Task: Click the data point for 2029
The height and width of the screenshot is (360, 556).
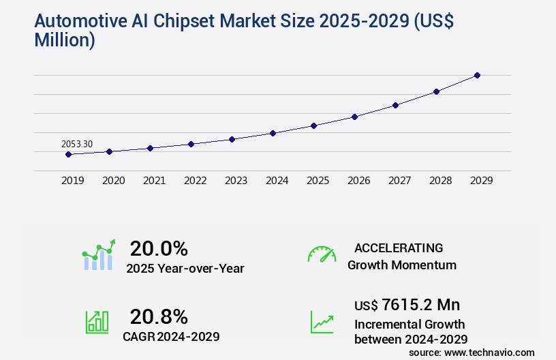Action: click(x=477, y=75)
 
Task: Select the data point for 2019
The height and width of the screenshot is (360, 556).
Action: click(x=68, y=154)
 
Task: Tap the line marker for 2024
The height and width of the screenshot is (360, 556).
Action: click(x=273, y=133)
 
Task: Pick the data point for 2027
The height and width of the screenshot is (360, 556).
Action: click(x=395, y=105)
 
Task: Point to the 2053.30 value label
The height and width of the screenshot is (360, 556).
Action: click(x=77, y=144)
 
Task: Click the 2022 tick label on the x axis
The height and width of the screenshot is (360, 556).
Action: click(x=195, y=181)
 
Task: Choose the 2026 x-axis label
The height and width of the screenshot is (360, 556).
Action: click(x=358, y=181)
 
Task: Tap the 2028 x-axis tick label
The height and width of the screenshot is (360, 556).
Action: click(x=440, y=181)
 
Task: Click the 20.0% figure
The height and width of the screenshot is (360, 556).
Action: click(x=159, y=248)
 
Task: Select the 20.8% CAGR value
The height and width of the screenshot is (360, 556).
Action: click(x=159, y=316)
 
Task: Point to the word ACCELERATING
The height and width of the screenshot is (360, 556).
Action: click(x=399, y=248)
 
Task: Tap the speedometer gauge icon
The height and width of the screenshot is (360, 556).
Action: click(x=322, y=254)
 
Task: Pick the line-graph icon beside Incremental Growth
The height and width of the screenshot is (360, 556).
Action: click(x=322, y=322)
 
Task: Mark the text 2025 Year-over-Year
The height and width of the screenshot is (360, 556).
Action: click(x=185, y=269)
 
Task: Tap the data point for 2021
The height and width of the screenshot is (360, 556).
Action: click(x=150, y=148)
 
